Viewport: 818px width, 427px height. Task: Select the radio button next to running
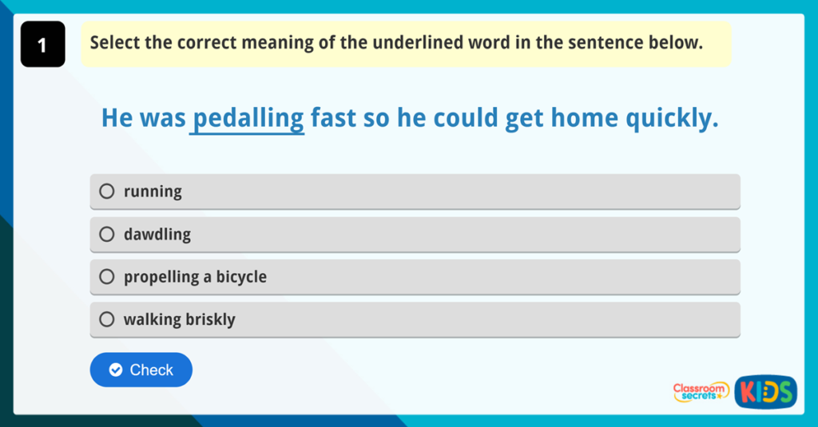pos(107,192)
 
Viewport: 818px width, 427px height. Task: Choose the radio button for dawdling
pos(107,235)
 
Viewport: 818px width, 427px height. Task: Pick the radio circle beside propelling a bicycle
pos(107,277)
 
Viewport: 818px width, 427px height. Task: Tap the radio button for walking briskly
pos(107,319)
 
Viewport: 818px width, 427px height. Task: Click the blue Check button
pos(141,370)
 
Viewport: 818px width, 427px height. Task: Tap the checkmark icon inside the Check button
pos(116,370)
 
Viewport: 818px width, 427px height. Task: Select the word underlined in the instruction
pos(418,42)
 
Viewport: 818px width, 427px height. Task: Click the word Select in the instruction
pos(115,42)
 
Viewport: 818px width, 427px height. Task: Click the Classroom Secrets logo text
pos(701,391)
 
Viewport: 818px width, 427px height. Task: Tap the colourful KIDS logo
pos(765,391)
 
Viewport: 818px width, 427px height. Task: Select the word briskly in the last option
pos(210,319)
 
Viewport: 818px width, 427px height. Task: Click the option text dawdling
pos(157,235)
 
